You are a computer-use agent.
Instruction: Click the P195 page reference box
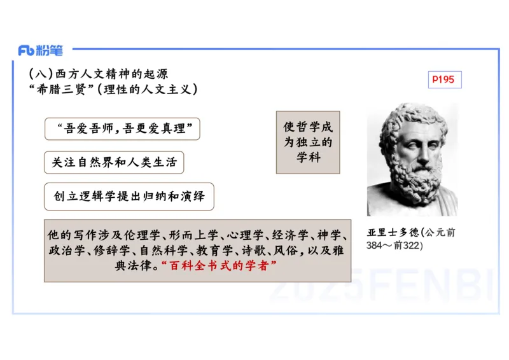point(443,80)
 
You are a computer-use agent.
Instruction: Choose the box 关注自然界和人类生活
point(114,163)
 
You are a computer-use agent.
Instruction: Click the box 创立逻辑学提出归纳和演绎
point(129,197)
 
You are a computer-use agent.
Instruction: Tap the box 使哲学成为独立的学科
point(308,142)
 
